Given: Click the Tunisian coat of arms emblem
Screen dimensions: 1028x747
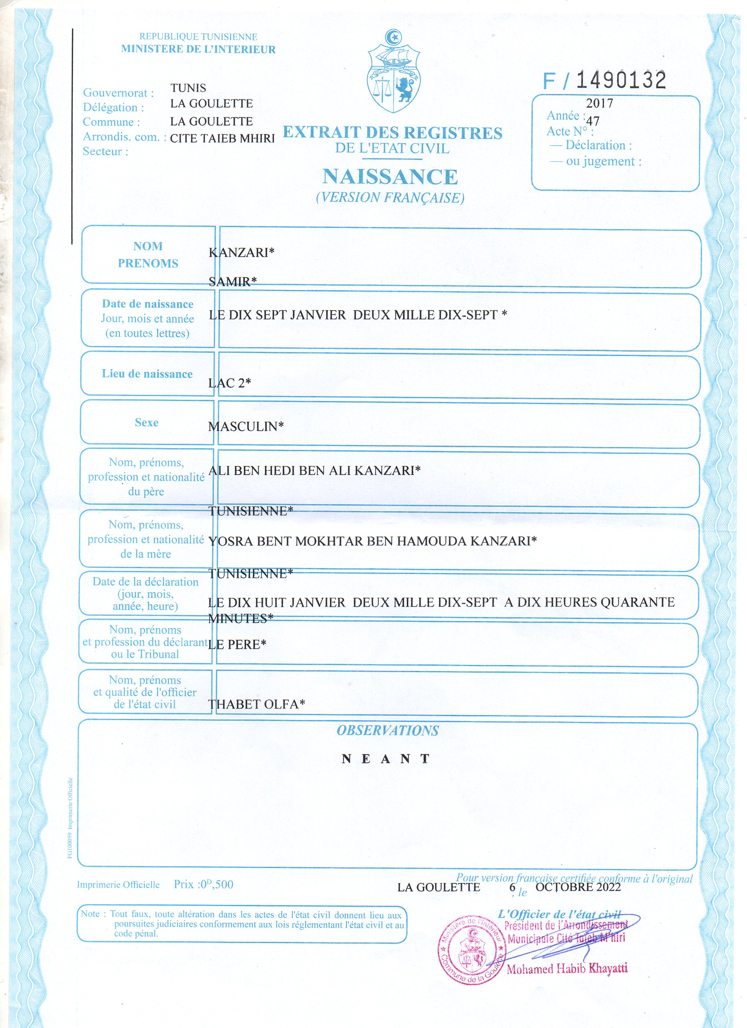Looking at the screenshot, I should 393,73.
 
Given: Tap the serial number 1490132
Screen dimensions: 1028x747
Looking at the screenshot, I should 621,80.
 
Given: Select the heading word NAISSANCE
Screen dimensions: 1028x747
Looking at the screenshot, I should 390,177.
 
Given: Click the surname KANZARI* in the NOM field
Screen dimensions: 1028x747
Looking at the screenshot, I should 241,252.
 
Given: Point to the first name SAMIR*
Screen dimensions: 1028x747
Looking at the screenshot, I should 233,282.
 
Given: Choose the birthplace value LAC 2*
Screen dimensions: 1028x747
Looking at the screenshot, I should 229,383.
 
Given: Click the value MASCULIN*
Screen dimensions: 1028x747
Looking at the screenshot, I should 246,426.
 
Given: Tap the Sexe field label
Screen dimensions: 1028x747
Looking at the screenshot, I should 146,422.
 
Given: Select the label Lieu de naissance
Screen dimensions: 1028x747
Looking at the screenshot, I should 147,374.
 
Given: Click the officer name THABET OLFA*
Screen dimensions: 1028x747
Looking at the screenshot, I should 256,704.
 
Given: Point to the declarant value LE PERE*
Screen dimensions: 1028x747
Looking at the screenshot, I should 237,644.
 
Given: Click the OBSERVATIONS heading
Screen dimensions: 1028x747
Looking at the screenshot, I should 387,731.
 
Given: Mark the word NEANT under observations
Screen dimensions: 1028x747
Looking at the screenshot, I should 386,759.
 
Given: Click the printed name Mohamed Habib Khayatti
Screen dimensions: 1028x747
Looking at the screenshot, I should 567,969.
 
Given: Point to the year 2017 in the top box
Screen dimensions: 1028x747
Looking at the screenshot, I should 599,103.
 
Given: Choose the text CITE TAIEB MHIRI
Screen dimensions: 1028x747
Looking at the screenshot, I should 223,138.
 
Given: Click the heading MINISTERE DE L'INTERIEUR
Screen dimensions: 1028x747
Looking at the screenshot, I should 198,49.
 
